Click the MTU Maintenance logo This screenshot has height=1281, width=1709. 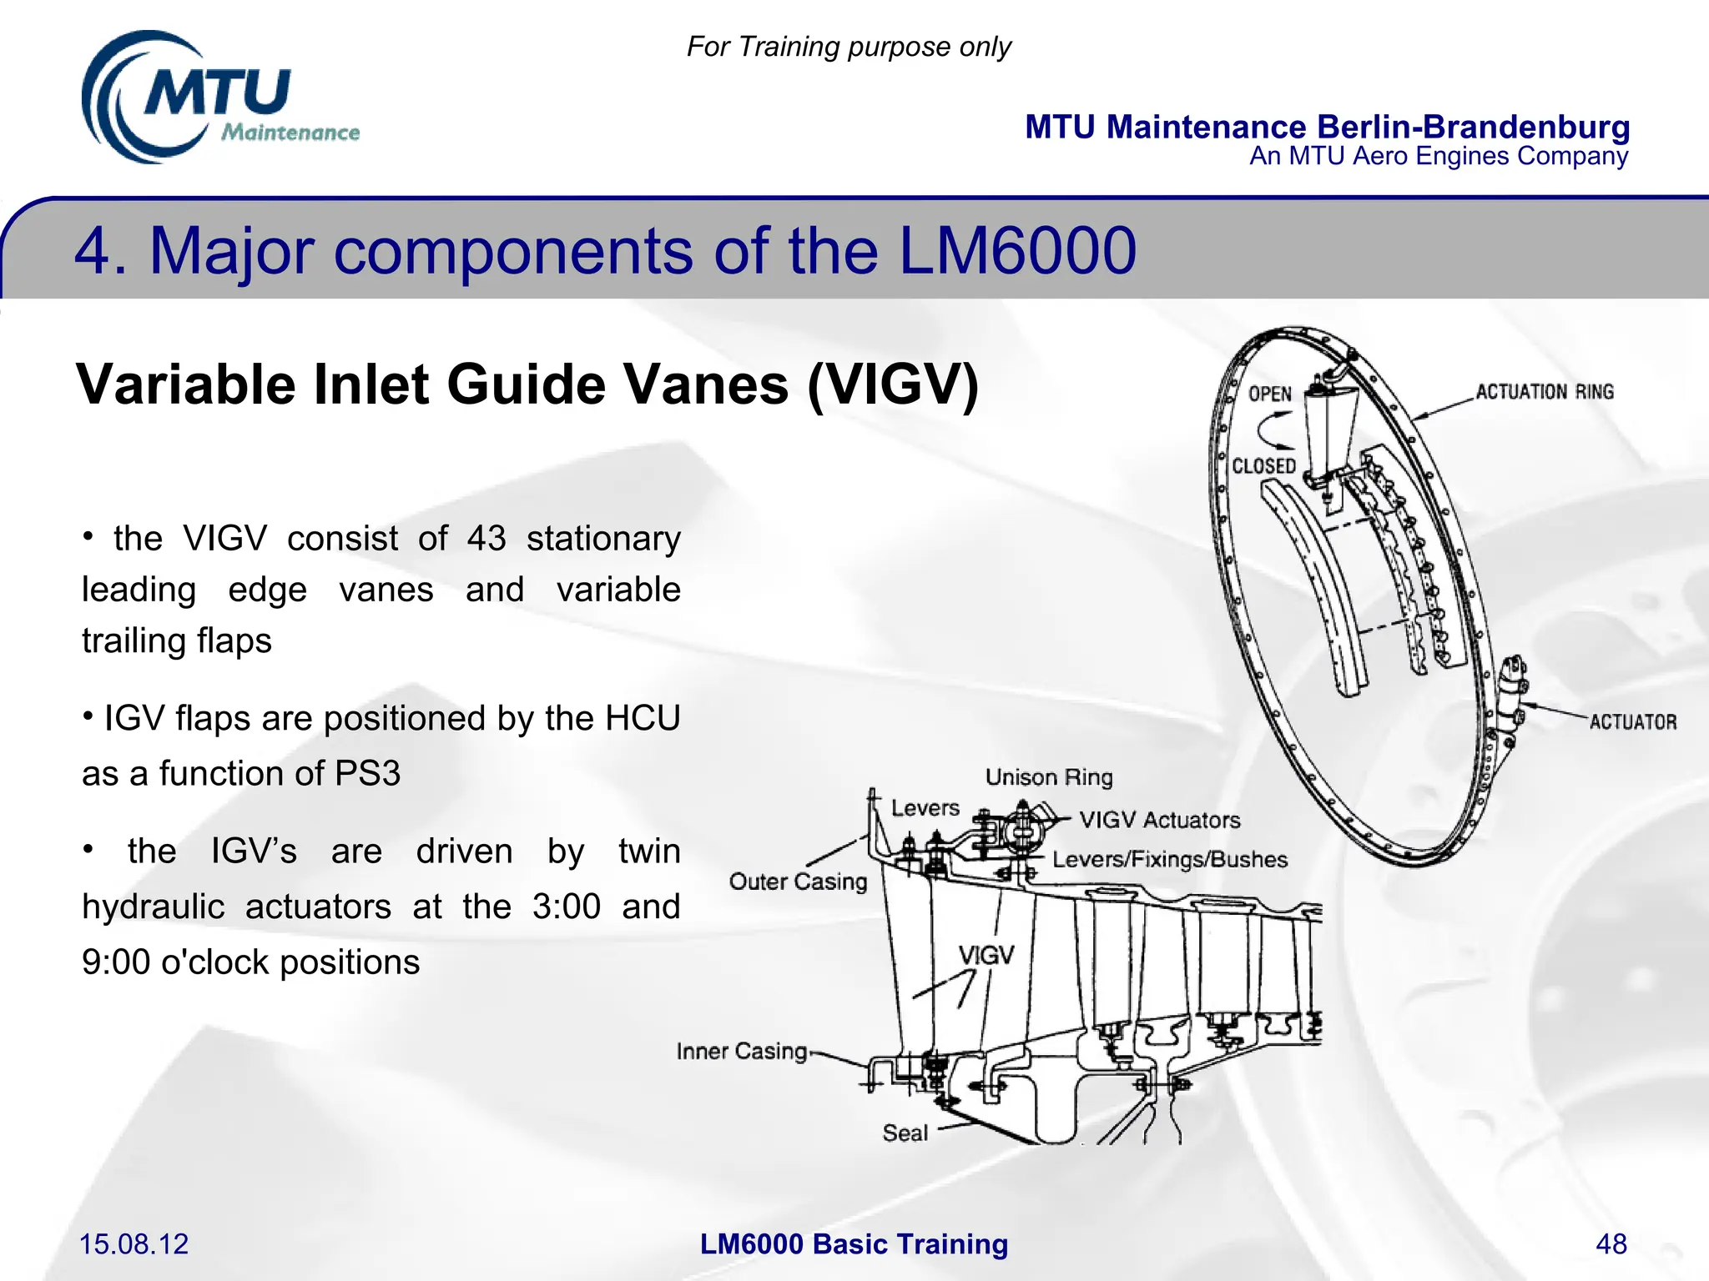[219, 98]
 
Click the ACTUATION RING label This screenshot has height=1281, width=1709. [1545, 392]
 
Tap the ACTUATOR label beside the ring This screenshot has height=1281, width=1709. [1632, 722]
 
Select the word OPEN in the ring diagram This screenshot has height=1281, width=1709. [1269, 394]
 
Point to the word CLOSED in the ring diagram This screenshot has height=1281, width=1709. [1263, 466]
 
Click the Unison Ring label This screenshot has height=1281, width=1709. [1049, 777]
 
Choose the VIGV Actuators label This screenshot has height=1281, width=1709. [1159, 820]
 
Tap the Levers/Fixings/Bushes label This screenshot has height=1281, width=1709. [1169, 860]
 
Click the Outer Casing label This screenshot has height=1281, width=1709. [798, 882]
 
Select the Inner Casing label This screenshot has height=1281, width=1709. [742, 1051]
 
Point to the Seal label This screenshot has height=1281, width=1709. [905, 1133]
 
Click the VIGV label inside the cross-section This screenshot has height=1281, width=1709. [986, 955]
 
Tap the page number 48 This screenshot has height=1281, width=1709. [1611, 1243]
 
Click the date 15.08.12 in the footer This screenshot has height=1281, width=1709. [134, 1243]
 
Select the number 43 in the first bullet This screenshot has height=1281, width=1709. [486, 539]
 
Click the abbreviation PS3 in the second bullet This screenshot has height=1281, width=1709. [367, 773]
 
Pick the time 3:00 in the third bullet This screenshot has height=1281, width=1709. [567, 907]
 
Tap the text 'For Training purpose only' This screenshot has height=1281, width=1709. [849, 47]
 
